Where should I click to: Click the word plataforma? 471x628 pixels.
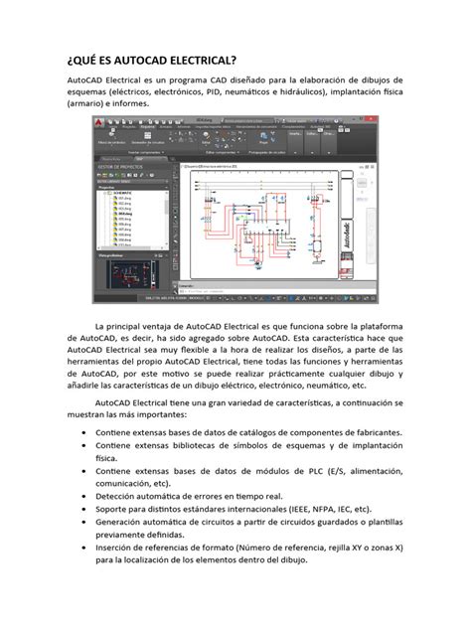tap(371, 325)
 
